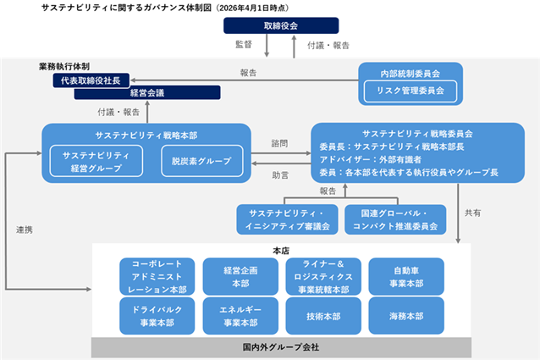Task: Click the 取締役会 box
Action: click(281, 25)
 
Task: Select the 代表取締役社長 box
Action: click(91, 80)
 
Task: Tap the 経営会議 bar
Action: click(147, 92)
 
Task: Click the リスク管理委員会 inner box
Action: click(411, 91)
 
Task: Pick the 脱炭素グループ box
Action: click(201, 161)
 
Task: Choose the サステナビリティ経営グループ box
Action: click(96, 161)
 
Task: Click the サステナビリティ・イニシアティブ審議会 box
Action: click(287, 219)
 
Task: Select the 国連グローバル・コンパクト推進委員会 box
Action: click(395, 219)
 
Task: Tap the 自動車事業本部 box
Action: click(406, 277)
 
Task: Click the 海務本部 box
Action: click(406, 316)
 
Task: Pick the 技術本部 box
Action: click(323, 316)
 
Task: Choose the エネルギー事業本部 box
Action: click(240, 316)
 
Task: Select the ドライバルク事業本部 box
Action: click(157, 316)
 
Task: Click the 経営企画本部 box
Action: click(240, 277)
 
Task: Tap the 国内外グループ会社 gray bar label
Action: click(281, 347)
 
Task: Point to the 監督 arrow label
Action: click(244, 44)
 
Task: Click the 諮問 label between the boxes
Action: click(279, 143)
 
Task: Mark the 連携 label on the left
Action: click(25, 230)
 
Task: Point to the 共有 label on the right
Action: click(472, 213)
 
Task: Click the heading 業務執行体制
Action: click(64, 66)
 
